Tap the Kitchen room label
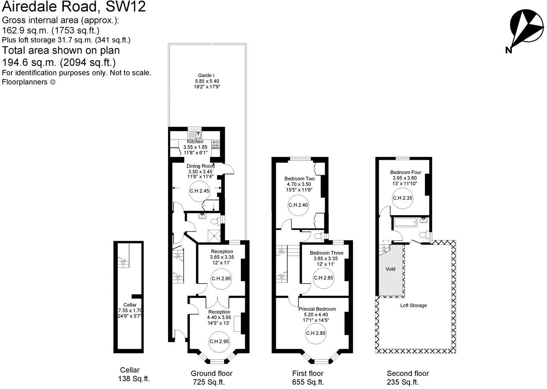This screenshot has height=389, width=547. pyautogui.click(x=195, y=142)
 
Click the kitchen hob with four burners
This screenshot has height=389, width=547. pyautogui.click(x=216, y=145)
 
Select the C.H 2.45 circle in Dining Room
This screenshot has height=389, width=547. pyautogui.click(x=200, y=191)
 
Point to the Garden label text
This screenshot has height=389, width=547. pyautogui.click(x=206, y=75)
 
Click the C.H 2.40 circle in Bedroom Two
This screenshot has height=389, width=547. pyautogui.click(x=298, y=205)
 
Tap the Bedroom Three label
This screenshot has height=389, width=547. pyautogui.click(x=326, y=253)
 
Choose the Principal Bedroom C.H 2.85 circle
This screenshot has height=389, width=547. pyautogui.click(x=316, y=333)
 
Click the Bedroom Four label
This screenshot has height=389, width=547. pyautogui.click(x=406, y=172)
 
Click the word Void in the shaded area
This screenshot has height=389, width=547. pyautogui.click(x=390, y=269)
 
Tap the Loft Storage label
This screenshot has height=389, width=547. pyautogui.click(x=413, y=305)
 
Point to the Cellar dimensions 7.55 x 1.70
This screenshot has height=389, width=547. pyautogui.click(x=130, y=311)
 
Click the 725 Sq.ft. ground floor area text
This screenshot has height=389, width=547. pyautogui.click(x=209, y=382)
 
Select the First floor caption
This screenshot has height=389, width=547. pyautogui.click(x=307, y=373)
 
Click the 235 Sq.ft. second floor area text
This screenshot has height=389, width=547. pyautogui.click(x=402, y=382)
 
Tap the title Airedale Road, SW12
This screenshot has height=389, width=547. pyautogui.click(x=74, y=7)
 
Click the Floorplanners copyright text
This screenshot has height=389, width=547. pyautogui.click(x=29, y=82)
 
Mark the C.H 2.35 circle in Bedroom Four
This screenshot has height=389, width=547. pyautogui.click(x=402, y=198)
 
